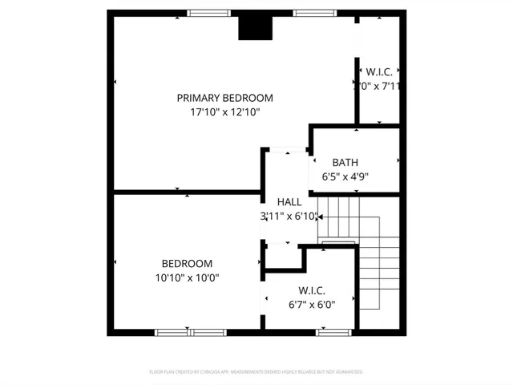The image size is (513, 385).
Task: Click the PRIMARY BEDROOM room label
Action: coord(224,98)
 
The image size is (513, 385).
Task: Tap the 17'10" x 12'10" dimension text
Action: coord(224,113)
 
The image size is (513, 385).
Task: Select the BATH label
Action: coord(345,162)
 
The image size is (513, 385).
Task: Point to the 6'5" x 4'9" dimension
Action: coord(345,177)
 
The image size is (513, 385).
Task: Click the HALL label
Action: coord(289,201)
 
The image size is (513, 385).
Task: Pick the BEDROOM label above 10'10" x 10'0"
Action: coord(187,263)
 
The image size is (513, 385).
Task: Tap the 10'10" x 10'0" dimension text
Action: coord(187,278)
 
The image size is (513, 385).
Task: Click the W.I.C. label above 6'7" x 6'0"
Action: coord(311,290)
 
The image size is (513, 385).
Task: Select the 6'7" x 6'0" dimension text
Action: coord(311,305)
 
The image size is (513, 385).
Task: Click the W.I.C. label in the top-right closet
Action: coord(378,70)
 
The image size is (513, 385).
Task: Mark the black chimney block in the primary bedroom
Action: coord(256,26)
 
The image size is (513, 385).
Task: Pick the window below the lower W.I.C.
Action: coord(333,332)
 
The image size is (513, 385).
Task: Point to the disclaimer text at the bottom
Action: coord(256,372)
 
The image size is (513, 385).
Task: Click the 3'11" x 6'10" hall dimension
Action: coord(289,217)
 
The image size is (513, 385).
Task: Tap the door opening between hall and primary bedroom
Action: coord(286,149)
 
